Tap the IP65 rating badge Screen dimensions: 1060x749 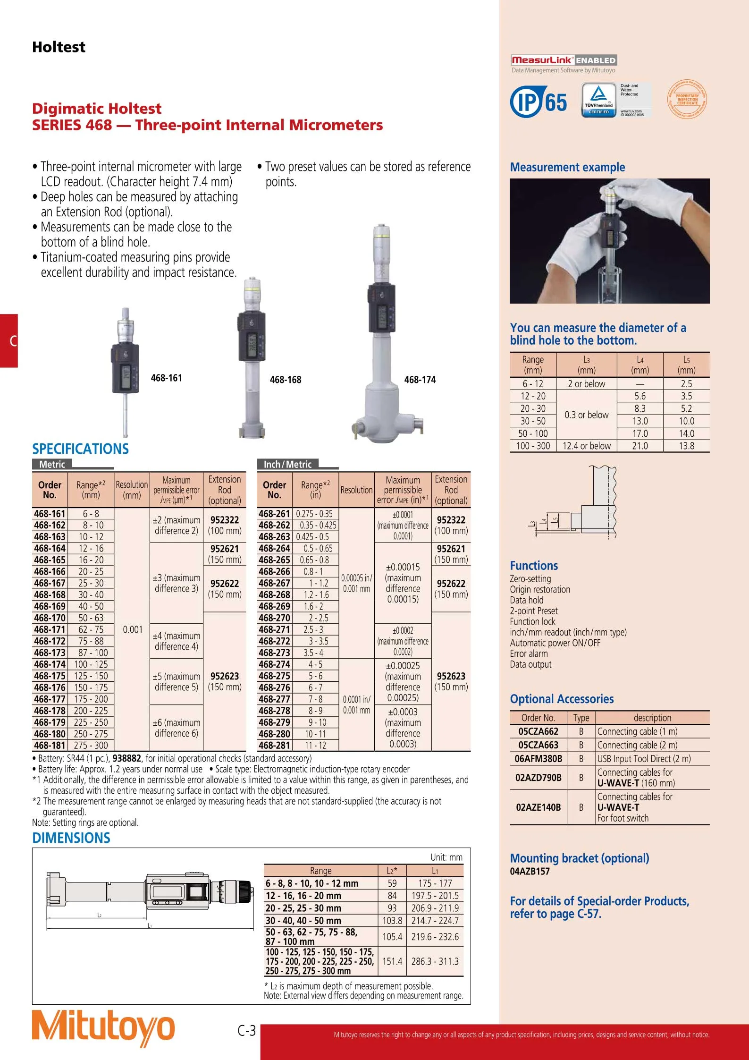(x=539, y=102)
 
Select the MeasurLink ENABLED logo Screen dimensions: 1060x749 (x=564, y=60)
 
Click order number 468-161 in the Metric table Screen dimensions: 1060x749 (x=50, y=514)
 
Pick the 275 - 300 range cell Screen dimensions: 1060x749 (x=91, y=746)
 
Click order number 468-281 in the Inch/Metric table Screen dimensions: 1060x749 (x=274, y=746)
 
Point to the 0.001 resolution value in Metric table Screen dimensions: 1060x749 (x=132, y=629)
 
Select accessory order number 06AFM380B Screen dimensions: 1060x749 (x=538, y=759)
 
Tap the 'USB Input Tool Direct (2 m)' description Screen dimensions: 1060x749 (x=644, y=759)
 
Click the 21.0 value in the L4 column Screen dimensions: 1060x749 (x=640, y=446)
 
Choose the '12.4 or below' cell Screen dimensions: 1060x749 (x=586, y=446)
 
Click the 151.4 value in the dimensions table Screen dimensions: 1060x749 (x=392, y=961)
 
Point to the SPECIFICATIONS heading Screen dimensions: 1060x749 (x=80, y=449)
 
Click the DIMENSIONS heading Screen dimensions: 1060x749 (x=71, y=838)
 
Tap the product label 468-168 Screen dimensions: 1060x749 (x=285, y=380)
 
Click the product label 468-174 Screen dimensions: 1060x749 (x=420, y=380)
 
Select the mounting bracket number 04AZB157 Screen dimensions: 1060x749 (x=530, y=872)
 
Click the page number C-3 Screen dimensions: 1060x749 (x=246, y=1030)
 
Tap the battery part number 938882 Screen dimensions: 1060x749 (x=126, y=758)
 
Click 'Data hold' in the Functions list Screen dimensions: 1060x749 (x=526, y=600)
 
